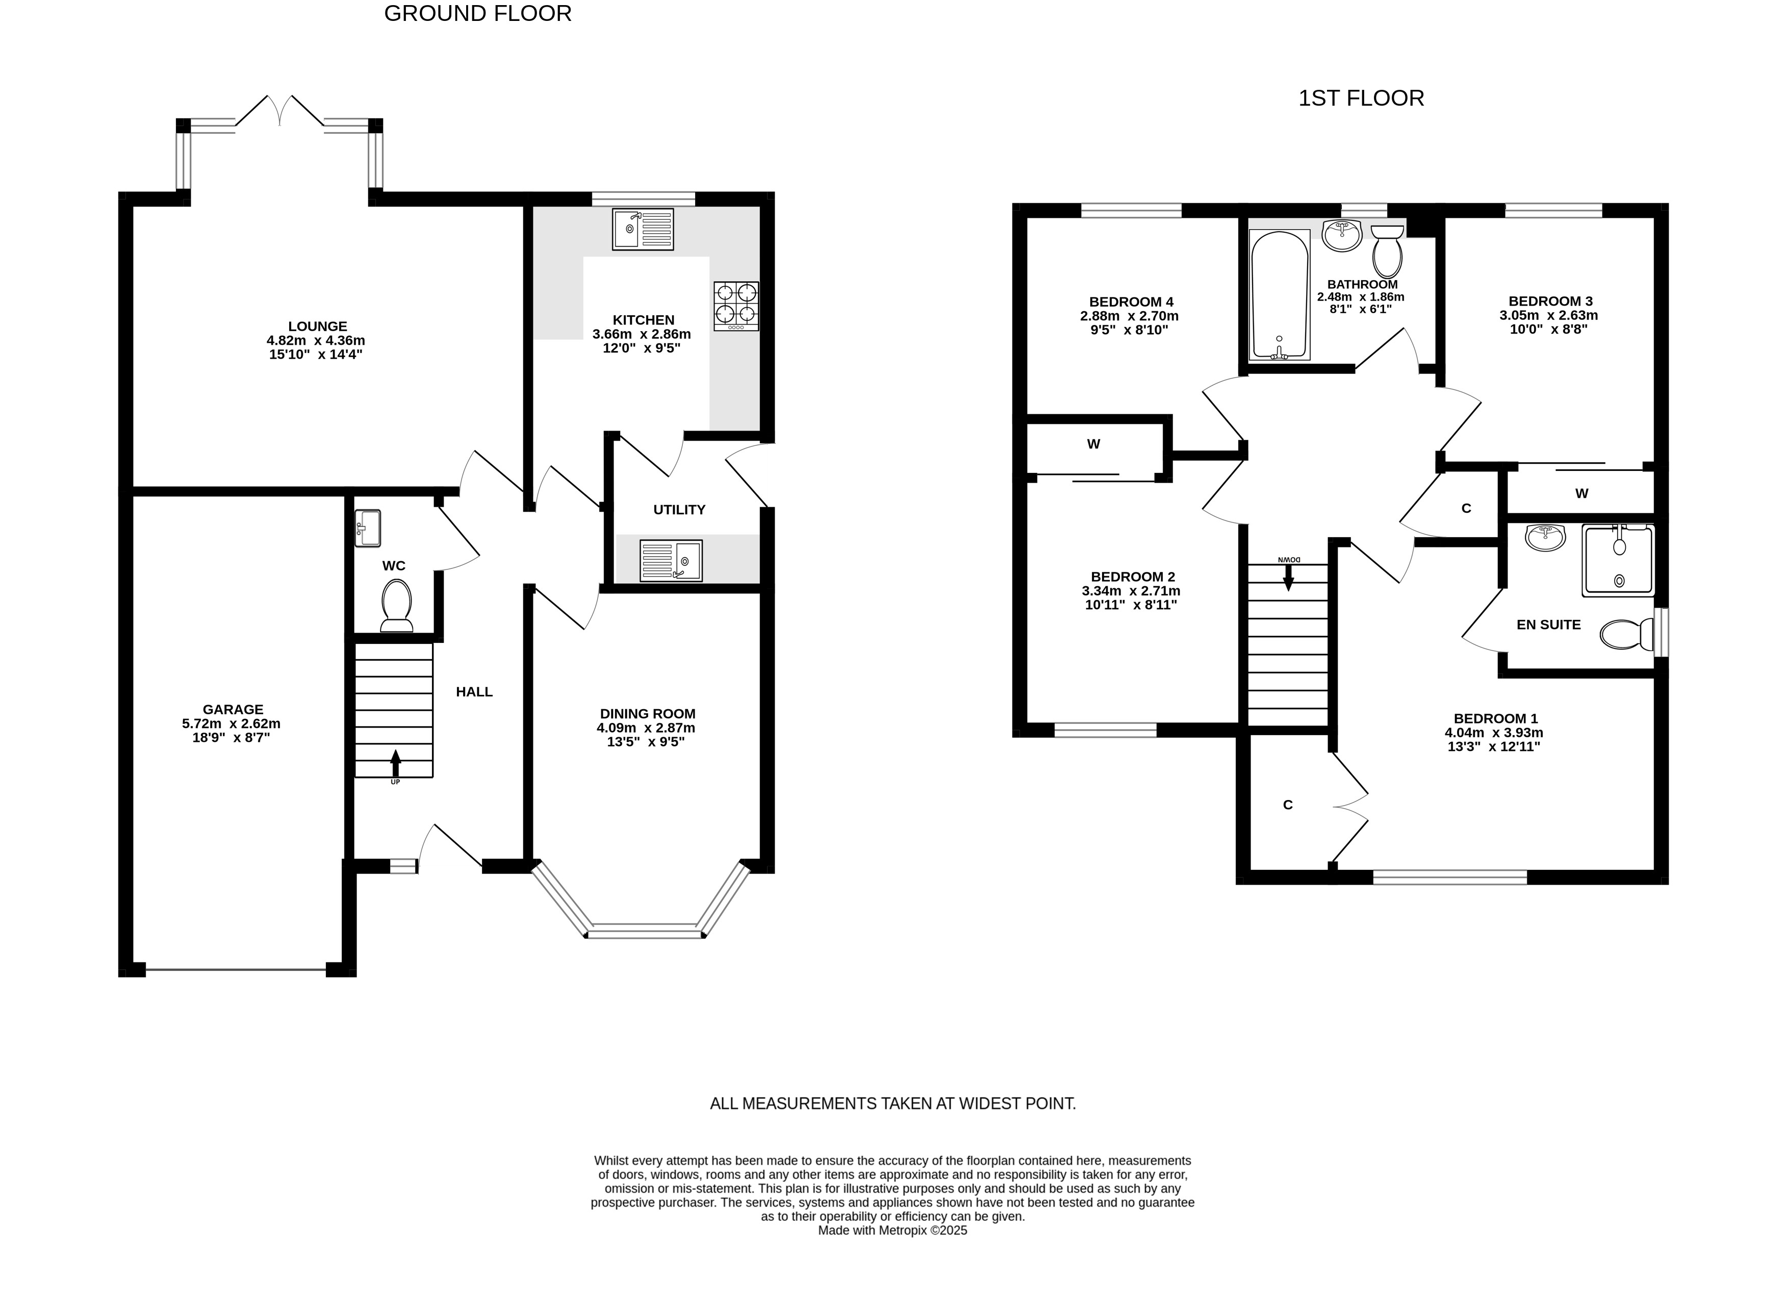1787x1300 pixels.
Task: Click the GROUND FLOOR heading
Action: pos(477,13)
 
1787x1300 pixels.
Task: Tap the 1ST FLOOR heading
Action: pos(1361,98)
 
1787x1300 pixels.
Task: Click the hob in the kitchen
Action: pos(736,306)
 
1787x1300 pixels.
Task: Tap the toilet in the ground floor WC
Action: pos(396,606)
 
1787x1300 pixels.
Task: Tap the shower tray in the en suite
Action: pos(1618,561)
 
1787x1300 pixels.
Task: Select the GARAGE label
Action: pos(233,710)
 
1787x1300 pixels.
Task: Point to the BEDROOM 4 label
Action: pos(1132,302)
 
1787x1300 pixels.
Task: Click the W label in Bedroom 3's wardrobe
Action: pos(1581,493)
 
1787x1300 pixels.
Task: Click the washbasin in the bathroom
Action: pos(1342,235)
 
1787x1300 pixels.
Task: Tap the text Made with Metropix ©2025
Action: pos(892,1230)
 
